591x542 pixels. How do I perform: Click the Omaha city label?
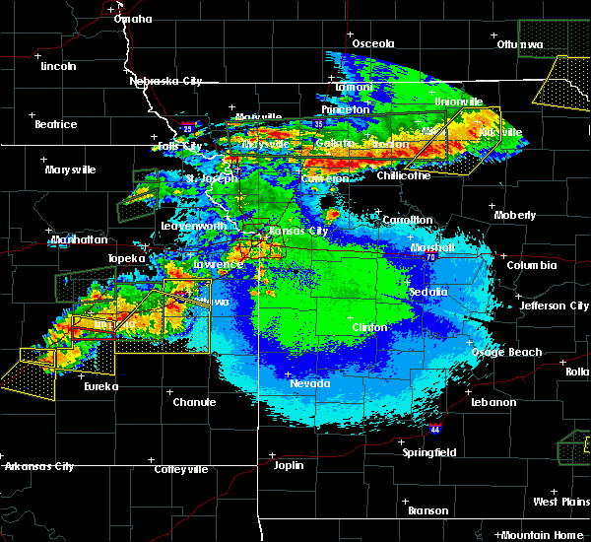[x=133, y=19]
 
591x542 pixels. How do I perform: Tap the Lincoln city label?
[x=58, y=66]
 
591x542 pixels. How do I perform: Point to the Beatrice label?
[x=55, y=124]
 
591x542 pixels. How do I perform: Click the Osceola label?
[x=373, y=43]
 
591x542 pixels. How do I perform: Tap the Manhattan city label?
[x=80, y=239]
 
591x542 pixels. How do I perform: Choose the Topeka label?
[x=126, y=259]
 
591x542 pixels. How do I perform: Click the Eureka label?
[x=99, y=386]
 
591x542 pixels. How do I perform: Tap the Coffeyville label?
[x=181, y=470]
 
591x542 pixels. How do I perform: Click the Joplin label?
[x=289, y=465]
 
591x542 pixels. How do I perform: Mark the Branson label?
[x=427, y=510]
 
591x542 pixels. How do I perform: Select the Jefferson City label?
[x=555, y=305]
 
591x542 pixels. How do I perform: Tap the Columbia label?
[x=532, y=265]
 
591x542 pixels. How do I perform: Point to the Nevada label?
[x=310, y=383]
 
